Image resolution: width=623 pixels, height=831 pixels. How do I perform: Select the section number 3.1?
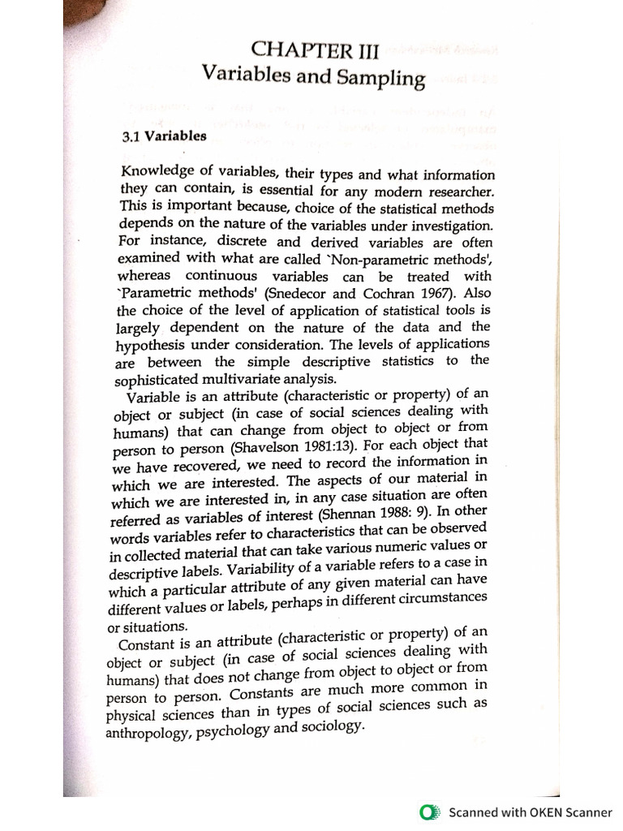pyautogui.click(x=131, y=136)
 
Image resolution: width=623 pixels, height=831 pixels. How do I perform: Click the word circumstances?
pyautogui.click(x=435, y=597)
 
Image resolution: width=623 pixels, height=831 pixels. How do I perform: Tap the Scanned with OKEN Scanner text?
pyautogui.click(x=531, y=812)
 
